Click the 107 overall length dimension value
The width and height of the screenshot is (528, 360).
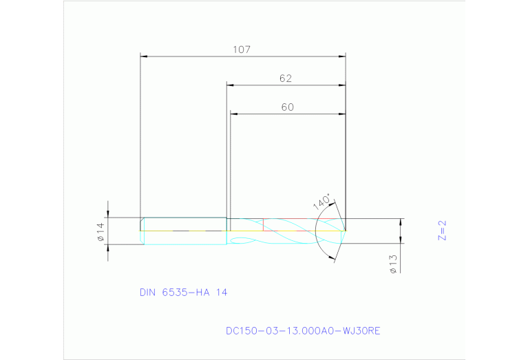(241, 50)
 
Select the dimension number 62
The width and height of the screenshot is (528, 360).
(286, 78)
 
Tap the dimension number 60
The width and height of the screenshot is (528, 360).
(288, 107)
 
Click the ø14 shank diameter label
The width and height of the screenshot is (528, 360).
(100, 232)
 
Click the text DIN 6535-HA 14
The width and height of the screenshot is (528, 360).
(183, 293)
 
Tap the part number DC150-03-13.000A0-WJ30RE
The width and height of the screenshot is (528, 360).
(303, 331)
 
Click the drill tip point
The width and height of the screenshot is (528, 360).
(345, 230)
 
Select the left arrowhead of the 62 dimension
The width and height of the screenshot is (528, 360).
(231, 86)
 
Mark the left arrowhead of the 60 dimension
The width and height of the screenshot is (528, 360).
(233, 114)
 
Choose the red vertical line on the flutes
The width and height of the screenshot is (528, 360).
(264, 224)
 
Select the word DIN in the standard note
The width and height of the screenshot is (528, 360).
(148, 293)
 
